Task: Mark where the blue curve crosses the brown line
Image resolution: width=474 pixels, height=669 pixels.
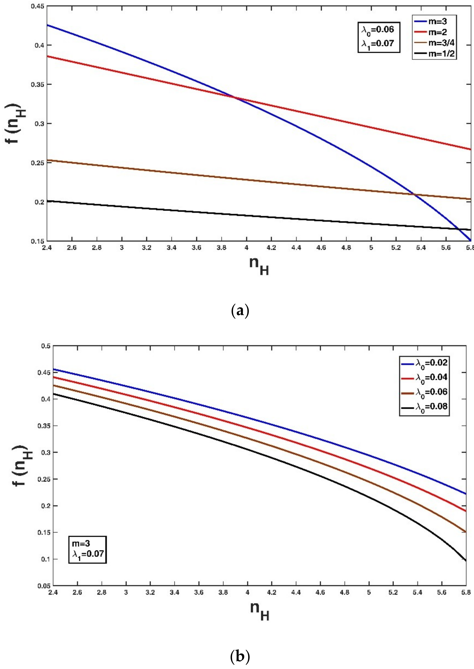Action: [414, 195]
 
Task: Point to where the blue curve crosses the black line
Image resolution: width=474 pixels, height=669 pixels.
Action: [458, 229]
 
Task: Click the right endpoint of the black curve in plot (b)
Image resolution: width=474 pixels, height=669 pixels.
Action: [466, 561]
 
